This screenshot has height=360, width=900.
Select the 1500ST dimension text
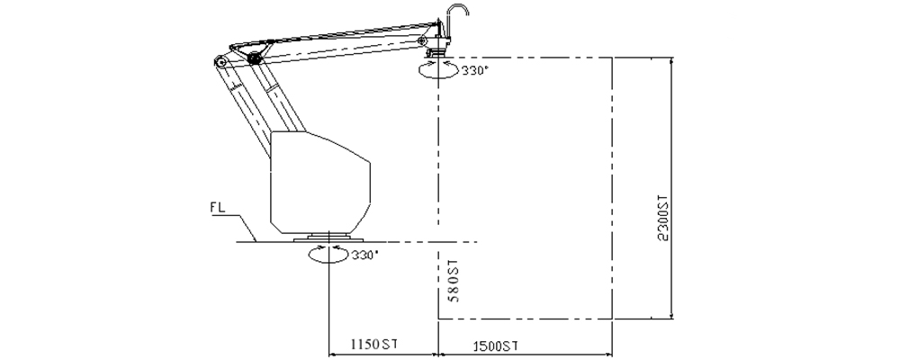[x=494, y=345]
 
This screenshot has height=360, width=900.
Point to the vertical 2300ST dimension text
[x=664, y=219]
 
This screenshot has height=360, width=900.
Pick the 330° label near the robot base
[x=364, y=255]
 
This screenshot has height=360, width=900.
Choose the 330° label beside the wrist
[x=475, y=70]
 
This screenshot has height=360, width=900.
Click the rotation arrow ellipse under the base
[x=328, y=256]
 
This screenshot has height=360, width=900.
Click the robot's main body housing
[x=319, y=180]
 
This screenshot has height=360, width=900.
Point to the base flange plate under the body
[x=328, y=238]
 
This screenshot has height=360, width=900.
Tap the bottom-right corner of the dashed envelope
[x=613, y=319]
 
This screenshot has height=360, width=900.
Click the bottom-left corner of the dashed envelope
[x=438, y=319]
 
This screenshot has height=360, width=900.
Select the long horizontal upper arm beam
[x=342, y=47]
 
